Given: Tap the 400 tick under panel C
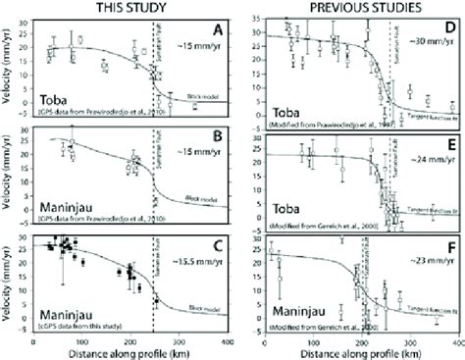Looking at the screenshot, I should click(227, 340).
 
